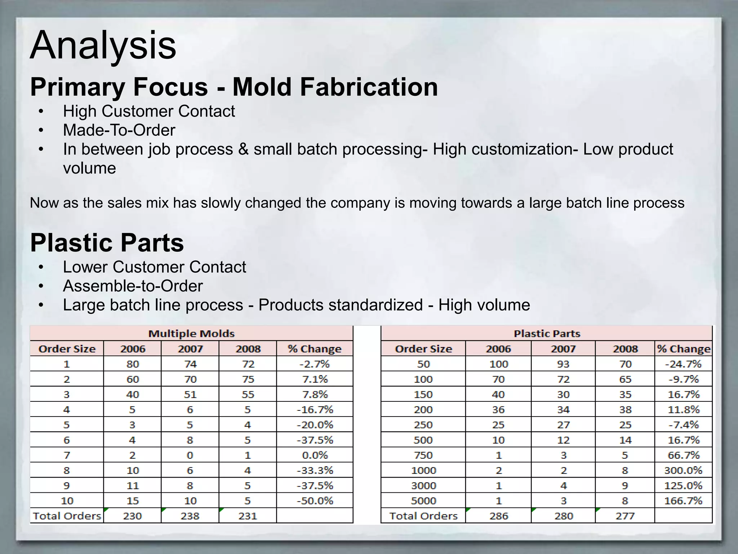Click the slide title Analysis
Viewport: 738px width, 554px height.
click(103, 46)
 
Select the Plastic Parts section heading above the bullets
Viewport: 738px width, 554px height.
click(107, 243)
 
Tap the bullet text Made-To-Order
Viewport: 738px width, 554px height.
click(119, 130)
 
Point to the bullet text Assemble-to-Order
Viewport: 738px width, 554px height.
click(133, 286)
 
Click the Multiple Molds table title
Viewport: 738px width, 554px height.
click(191, 334)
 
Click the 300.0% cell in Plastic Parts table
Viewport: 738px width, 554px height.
click(683, 470)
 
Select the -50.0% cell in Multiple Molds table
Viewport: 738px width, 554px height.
click(315, 501)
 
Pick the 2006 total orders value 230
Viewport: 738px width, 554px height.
click(132, 516)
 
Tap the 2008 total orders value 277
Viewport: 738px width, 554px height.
click(625, 516)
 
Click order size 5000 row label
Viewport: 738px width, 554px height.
click(423, 501)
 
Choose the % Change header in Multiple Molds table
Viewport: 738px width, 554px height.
click(315, 349)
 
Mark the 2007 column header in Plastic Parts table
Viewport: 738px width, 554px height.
click(563, 349)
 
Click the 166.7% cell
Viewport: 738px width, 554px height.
click(683, 501)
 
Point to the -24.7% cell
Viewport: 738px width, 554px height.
click(683, 364)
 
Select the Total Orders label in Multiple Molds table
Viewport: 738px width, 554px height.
click(67, 516)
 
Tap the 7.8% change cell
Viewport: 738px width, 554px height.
click(315, 394)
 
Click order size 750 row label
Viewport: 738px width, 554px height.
click(423, 455)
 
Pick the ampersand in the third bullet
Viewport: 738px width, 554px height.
click(243, 149)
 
